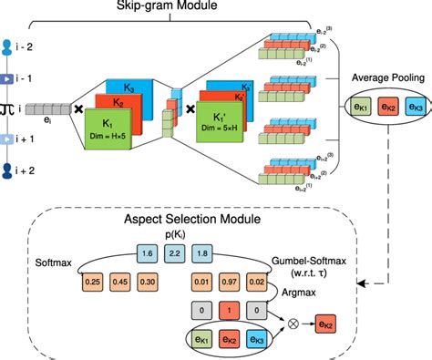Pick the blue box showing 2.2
point(176,251)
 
